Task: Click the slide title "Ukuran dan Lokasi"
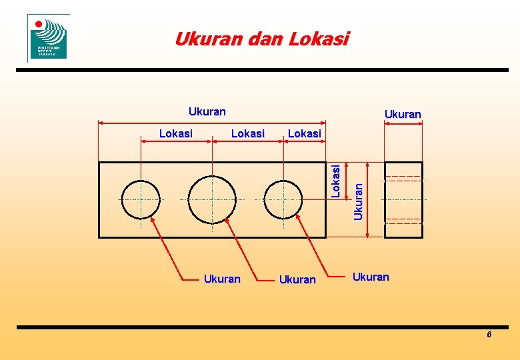tap(261, 39)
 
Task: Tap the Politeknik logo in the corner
tap(48, 37)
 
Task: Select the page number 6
tap(489, 335)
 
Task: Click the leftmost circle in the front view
tap(141, 199)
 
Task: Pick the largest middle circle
tap(212, 199)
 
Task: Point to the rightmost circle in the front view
tap(283, 199)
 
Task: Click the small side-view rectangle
tap(403, 199)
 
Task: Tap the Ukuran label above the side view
tap(403, 114)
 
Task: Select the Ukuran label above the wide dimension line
tap(207, 111)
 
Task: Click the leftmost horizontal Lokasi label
tap(176, 133)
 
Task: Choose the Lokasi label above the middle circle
tap(247, 133)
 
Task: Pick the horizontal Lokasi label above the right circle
tap(305, 133)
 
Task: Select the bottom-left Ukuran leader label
tap(221, 279)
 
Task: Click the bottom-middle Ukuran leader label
tap(297, 279)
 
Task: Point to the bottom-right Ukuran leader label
tap(371, 277)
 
